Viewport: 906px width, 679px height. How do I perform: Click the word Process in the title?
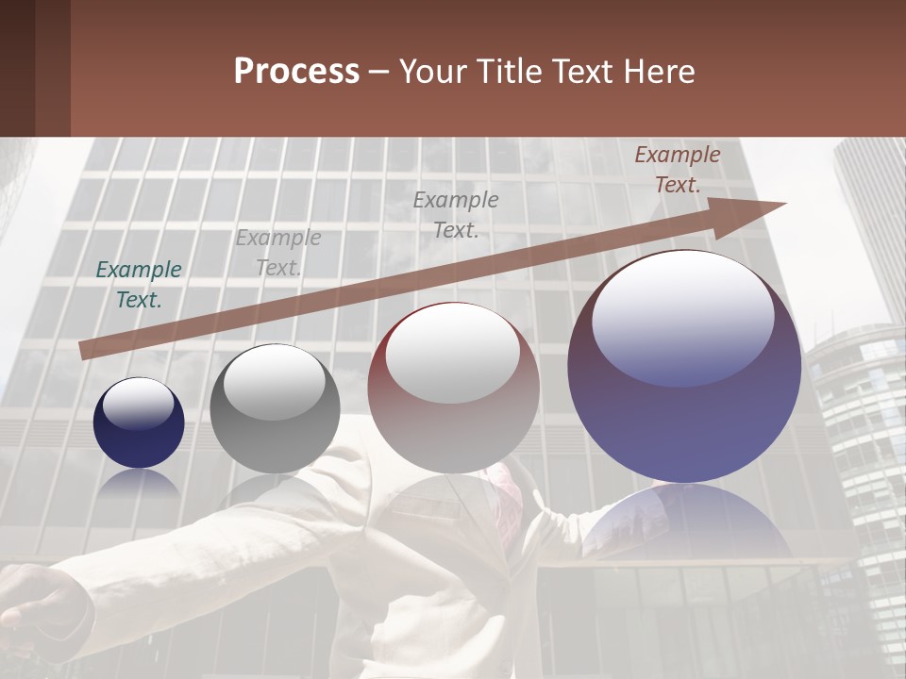pos(296,72)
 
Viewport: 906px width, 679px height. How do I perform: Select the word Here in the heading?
pos(657,72)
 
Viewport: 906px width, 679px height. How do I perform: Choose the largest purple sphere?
pos(684,368)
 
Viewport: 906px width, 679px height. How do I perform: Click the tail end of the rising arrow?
pos(87,350)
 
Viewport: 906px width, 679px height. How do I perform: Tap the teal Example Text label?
pos(139,285)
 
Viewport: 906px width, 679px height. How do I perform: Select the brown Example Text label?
pos(677,170)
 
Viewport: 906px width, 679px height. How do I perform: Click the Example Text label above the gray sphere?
pos(278,253)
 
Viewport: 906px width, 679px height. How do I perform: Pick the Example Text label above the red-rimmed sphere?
pos(456,215)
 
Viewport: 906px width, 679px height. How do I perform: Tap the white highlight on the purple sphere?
pos(682,316)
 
